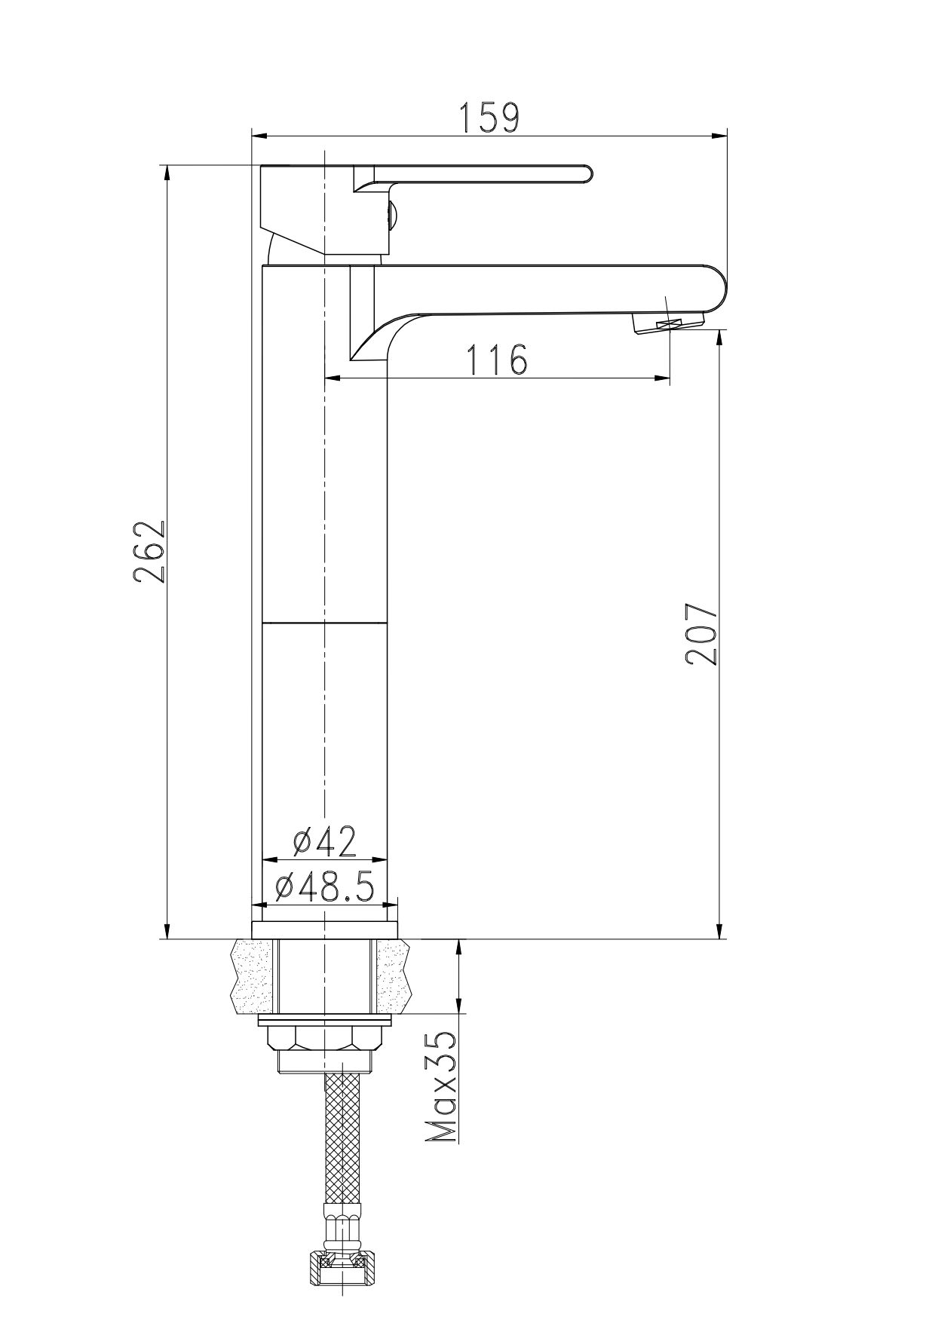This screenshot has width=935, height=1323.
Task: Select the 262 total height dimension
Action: (149, 550)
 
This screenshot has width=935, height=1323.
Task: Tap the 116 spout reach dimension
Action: (497, 360)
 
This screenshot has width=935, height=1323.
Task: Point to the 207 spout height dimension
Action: (701, 633)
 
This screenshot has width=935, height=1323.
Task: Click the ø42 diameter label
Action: (325, 841)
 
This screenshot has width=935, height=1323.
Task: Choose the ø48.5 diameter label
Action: (325, 887)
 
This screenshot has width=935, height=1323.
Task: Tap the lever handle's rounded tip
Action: (584, 174)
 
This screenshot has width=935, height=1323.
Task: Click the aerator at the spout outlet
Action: (670, 325)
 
